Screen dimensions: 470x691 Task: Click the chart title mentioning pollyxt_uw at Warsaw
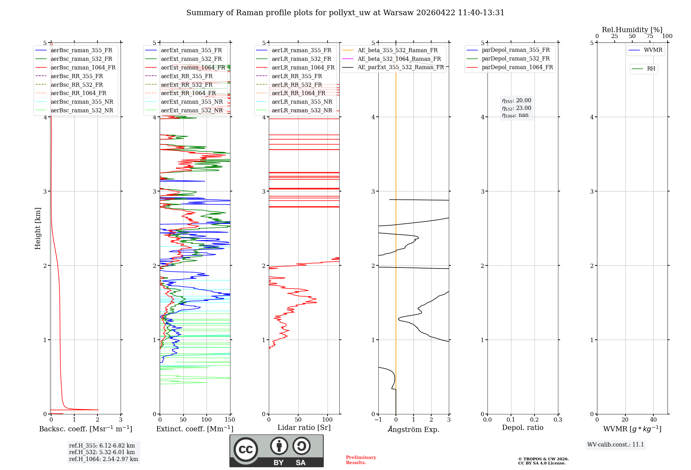coord(345,13)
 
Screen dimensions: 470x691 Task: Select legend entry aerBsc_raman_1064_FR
coord(83,67)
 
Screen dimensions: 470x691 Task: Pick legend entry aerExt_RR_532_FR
coord(187,85)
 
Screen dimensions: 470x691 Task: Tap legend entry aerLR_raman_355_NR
coord(302,102)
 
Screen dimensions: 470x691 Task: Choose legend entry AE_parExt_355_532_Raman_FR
coord(400,67)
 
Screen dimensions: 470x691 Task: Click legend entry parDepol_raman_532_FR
coord(515,59)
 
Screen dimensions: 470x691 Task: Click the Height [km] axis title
coord(38,228)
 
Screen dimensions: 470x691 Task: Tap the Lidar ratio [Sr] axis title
coord(304,427)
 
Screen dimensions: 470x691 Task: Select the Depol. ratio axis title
coord(522,427)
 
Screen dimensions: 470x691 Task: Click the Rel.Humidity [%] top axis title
coord(632,30)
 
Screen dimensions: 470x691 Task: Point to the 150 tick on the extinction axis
coord(230,420)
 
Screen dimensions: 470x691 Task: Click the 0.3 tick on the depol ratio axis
coord(558,420)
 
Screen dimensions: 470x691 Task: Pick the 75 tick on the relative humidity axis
coord(650,36)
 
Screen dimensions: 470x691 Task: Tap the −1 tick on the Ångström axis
coord(378,420)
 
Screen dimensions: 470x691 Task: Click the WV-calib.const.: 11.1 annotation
coord(616,444)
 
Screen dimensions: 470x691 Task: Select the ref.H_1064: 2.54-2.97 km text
coord(103,459)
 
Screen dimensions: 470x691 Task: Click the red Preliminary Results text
coord(361,460)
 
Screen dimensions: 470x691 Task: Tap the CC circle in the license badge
coord(246,450)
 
